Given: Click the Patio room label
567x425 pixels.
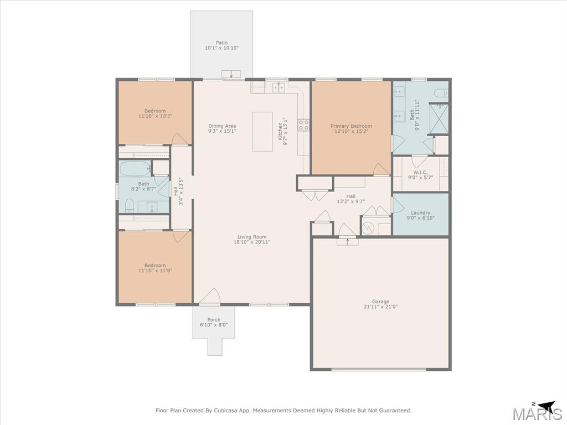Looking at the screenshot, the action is point(221,43).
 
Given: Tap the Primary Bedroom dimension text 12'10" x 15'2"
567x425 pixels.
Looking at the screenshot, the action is point(351,132).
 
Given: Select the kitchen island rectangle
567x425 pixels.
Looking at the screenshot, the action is point(262,132).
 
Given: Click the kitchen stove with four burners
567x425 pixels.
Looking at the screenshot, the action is point(303,125).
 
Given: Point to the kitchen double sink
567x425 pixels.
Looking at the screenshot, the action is point(279,87).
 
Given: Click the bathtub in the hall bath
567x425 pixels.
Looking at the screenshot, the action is point(135,168).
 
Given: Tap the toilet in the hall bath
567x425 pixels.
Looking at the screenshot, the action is point(130,206).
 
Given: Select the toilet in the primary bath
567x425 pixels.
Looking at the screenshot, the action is point(441,93).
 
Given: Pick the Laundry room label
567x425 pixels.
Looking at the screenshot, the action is point(421,213).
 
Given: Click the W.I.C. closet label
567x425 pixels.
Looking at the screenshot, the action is point(421,173).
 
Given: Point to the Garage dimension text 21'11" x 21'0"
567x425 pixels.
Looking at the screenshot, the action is point(381,307).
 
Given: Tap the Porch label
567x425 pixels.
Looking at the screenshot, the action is point(214,319).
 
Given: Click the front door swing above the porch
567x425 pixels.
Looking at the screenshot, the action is point(210,297).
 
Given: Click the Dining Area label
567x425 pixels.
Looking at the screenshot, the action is point(222,126).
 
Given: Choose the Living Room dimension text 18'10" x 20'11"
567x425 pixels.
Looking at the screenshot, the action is point(252,242).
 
